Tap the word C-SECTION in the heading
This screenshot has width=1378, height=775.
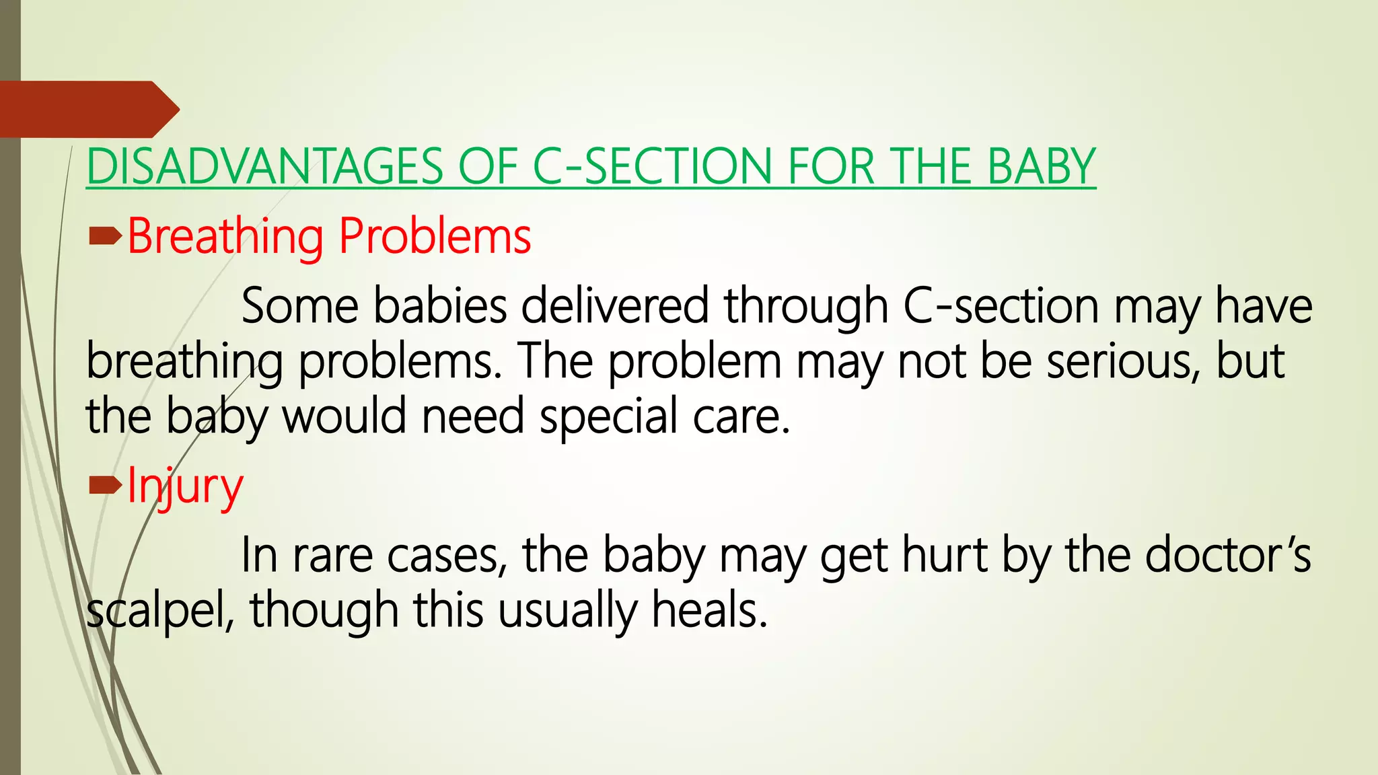[651, 167]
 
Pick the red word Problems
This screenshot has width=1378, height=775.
[435, 237]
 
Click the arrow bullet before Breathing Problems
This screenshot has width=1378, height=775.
[104, 235]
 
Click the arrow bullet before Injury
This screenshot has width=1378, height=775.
[104, 484]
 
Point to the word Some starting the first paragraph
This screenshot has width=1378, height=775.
[299, 307]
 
